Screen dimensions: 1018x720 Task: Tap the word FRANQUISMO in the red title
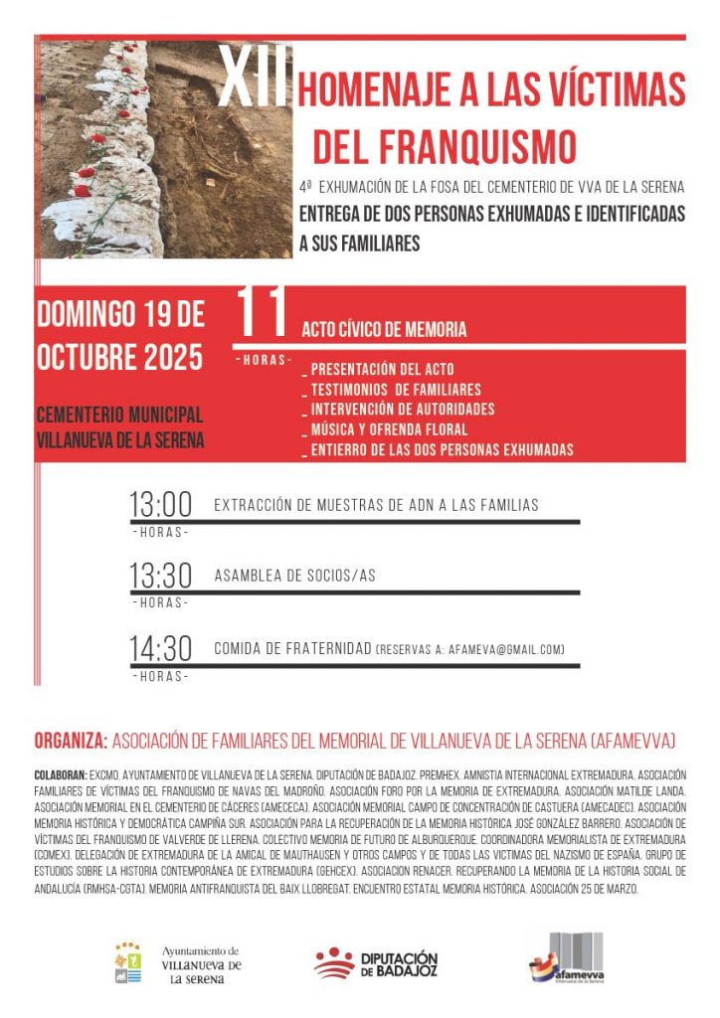(x=445, y=145)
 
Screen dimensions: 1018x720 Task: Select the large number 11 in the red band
(x=262, y=314)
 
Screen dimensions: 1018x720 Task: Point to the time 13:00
(x=160, y=504)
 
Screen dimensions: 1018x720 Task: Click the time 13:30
(x=160, y=576)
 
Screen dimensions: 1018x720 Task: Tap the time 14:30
(x=160, y=648)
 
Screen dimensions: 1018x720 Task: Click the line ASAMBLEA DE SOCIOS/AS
(x=295, y=576)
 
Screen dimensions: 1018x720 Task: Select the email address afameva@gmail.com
(x=509, y=650)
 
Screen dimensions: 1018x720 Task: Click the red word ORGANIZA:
(x=71, y=741)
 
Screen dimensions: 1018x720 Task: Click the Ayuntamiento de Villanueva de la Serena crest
(x=127, y=962)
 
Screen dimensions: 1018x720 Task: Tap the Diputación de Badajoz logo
(x=376, y=962)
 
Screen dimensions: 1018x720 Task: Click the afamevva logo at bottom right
(x=566, y=957)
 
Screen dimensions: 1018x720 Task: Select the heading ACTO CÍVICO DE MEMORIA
(x=384, y=330)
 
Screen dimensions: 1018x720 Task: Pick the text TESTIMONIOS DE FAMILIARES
(x=395, y=390)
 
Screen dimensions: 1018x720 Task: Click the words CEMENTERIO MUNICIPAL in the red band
(x=120, y=415)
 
